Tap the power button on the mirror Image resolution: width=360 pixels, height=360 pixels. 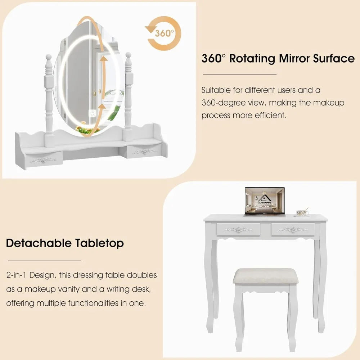(93, 113)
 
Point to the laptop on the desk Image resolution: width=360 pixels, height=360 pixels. (265, 202)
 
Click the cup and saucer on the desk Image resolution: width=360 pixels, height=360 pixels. (302, 213)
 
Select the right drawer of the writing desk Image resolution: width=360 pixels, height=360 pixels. (293, 229)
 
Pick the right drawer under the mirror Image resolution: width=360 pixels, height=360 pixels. (144, 152)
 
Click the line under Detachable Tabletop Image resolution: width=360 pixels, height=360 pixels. (44, 260)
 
